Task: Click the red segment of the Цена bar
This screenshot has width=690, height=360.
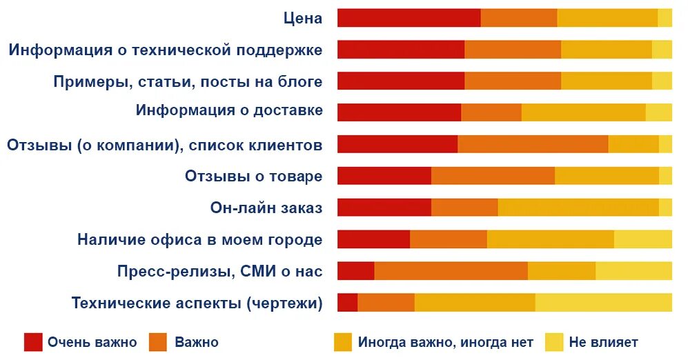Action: pos(408,18)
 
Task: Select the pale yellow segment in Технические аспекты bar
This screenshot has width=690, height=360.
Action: pos(603,303)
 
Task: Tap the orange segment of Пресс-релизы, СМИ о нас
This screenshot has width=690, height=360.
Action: pos(451,271)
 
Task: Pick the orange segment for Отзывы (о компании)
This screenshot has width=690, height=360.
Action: pos(533,144)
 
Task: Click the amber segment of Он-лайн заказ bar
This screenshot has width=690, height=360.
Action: pos(578,208)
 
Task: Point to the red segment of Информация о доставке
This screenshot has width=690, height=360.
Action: pos(399,112)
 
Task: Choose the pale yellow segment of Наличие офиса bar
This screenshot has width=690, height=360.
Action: pos(642,239)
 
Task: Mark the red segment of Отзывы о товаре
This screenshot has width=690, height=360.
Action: pos(384,176)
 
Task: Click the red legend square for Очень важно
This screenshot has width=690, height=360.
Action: pos(33,342)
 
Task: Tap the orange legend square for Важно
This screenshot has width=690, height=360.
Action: pos(159,342)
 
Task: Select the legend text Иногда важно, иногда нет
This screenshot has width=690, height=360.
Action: pos(445,342)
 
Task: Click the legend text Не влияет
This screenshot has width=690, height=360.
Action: pos(603,342)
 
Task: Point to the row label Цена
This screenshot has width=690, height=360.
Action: pos(303,19)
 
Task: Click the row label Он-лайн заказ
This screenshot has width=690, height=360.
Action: pos(266,208)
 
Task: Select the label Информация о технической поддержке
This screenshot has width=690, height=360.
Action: pos(166,50)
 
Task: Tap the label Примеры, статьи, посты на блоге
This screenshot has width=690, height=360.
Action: pos(188,82)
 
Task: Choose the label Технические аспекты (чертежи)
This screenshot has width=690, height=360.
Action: pos(197,303)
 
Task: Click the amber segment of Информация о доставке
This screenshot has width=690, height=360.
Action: pos(583,112)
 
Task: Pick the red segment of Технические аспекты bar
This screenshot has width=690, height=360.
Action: pos(347,303)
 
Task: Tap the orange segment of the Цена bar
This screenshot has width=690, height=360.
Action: pos(518,18)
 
